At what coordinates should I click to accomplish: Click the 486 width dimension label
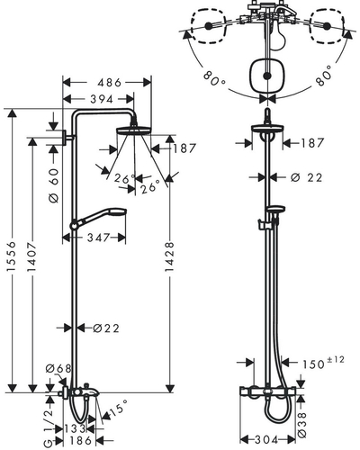point(110,83)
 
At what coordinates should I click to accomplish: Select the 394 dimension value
point(102,99)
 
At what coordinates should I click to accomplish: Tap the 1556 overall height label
point(12,256)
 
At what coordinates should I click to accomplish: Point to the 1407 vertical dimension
point(31,256)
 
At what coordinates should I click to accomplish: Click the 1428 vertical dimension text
point(169,257)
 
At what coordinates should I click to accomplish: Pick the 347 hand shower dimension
point(98,238)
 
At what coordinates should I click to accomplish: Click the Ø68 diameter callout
point(58,368)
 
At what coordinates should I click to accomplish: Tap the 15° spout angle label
point(118,409)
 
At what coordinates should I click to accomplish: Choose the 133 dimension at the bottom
point(75,429)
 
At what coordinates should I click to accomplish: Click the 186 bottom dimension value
point(80,441)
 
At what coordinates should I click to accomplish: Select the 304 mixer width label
point(266,440)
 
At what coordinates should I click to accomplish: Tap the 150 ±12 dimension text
point(323,362)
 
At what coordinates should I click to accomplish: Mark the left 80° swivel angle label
point(214,77)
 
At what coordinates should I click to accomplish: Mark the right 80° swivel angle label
point(323,76)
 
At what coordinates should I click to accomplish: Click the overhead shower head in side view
point(134,130)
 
